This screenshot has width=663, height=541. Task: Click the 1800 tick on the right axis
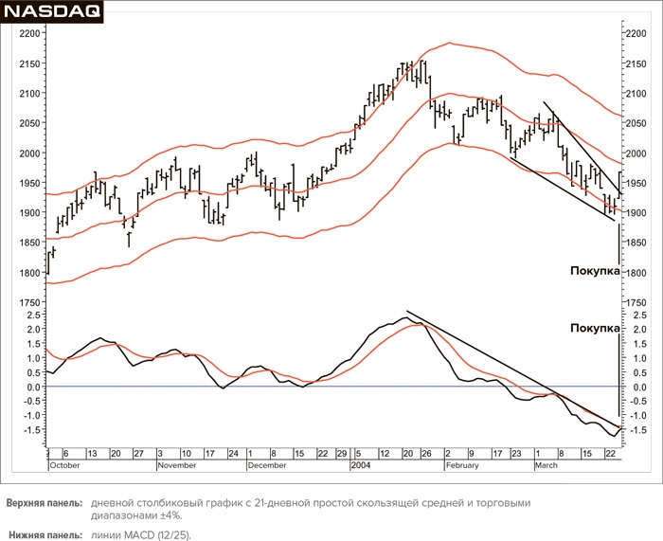click(x=635, y=273)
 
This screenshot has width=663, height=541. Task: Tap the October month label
click(x=65, y=466)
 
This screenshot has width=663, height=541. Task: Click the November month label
click(x=176, y=466)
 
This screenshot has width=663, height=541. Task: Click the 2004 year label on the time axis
click(x=361, y=466)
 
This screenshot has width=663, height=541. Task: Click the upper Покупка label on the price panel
click(x=595, y=271)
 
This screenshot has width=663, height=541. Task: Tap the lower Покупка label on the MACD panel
click(x=595, y=329)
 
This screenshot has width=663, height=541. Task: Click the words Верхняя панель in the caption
click(x=44, y=503)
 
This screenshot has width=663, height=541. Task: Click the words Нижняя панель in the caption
click(x=42, y=535)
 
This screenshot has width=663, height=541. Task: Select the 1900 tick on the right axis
click(x=635, y=213)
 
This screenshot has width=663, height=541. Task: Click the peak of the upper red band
click(x=449, y=43)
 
